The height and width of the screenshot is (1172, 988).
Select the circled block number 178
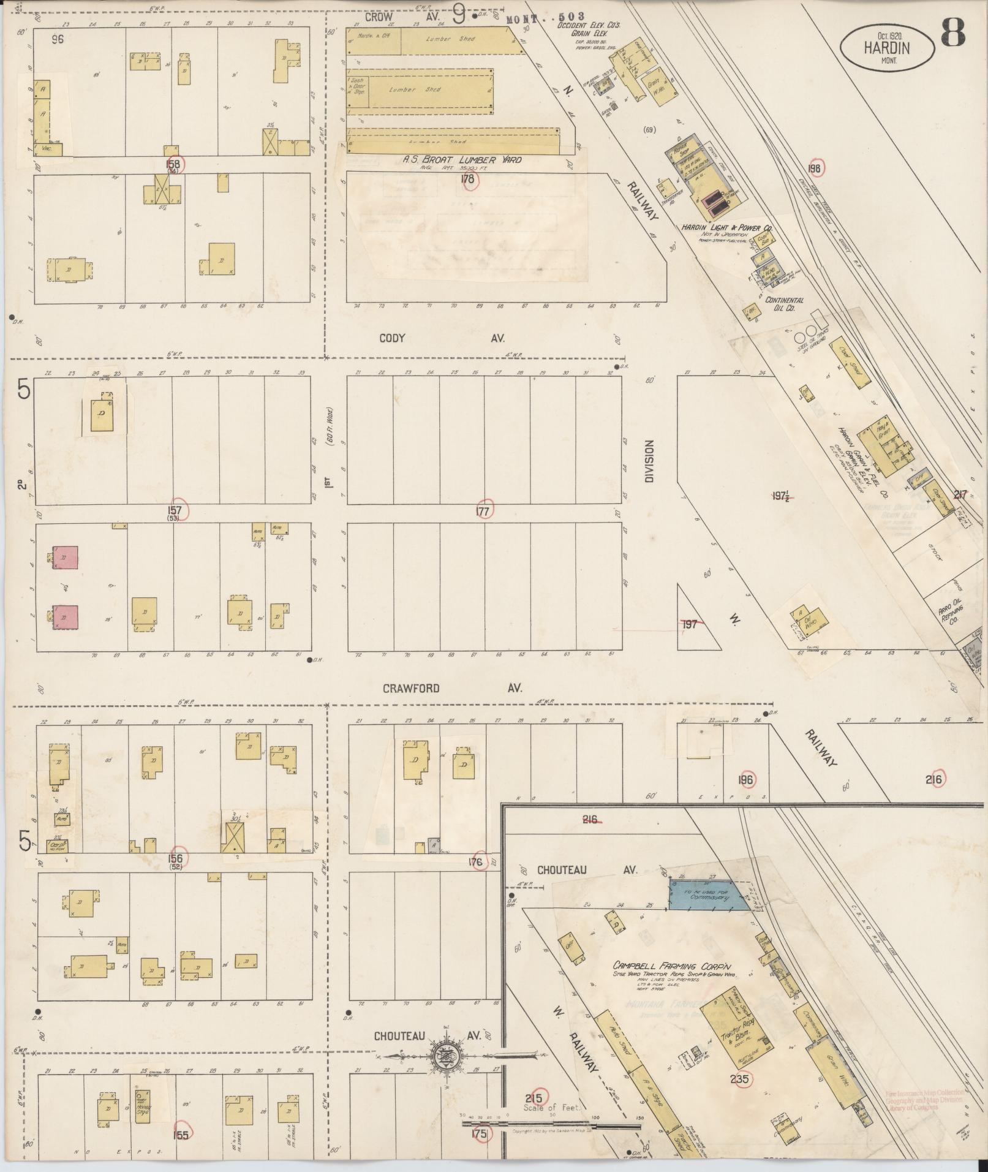469,179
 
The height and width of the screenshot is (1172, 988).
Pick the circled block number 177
484,510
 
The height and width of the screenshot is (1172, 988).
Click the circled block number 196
745,780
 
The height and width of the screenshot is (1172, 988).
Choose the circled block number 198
814,168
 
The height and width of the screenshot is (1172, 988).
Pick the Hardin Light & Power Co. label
726,228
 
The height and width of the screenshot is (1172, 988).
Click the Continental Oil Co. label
784,304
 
